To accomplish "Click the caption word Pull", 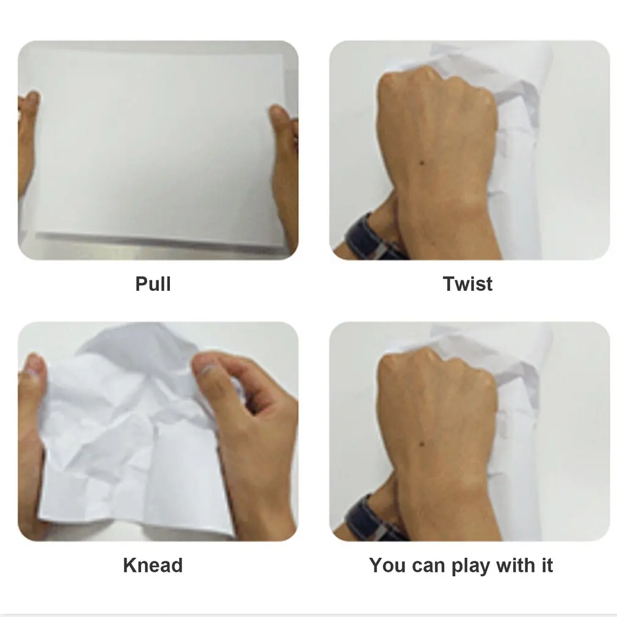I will [153, 284].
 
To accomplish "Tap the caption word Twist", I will [467, 284].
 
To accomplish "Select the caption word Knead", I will [153, 565].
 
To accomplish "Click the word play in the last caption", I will [471, 566].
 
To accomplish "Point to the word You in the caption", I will [387, 565].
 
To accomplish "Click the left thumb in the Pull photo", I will [31, 101].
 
